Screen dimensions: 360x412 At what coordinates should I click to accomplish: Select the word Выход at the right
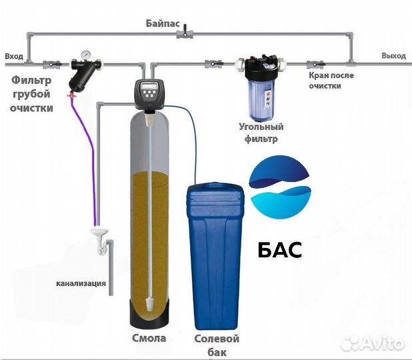pyautogui.click(x=393, y=55)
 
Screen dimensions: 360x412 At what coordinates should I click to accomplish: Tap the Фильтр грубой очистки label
pyautogui.click(x=31, y=94)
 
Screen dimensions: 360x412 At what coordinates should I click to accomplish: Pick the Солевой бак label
pyautogui.click(x=216, y=345)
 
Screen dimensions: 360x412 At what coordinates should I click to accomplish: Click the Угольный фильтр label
pyautogui.click(x=261, y=133)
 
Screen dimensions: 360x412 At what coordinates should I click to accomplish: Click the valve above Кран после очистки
pyautogui.click(x=310, y=65)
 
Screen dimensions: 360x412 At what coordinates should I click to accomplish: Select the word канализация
pyautogui.click(x=81, y=283)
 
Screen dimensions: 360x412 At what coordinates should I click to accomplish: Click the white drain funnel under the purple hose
pyautogui.click(x=98, y=234)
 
